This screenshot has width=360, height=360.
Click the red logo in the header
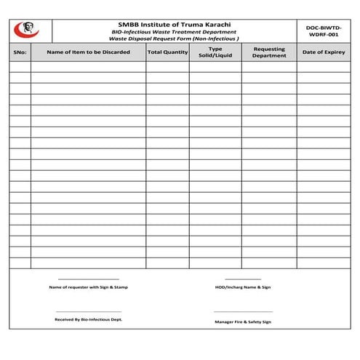pyautogui.click(x=28, y=30)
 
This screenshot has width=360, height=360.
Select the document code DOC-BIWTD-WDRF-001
pyautogui.click(x=324, y=30)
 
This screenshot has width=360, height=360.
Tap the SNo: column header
pyautogui.click(x=20, y=52)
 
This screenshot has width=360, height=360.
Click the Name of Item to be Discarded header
pyautogui.click(x=88, y=52)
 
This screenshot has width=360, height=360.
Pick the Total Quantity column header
pyautogui.click(x=167, y=52)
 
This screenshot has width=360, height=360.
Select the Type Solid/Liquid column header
pyautogui.click(x=215, y=52)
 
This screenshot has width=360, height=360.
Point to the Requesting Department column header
pyautogui.click(x=269, y=52)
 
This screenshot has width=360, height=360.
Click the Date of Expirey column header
pyautogui.click(x=323, y=52)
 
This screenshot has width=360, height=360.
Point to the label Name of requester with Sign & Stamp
pyautogui.click(x=88, y=287)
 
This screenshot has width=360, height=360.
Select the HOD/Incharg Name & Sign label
pyautogui.click(x=243, y=287)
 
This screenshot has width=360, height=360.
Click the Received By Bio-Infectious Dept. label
pyautogui.click(x=88, y=319)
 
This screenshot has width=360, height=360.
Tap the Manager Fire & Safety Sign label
pyautogui.click(x=243, y=321)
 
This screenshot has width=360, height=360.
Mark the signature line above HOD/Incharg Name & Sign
pyautogui.click(x=243, y=279)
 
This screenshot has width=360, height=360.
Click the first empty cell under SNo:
pyautogui.click(x=20, y=66)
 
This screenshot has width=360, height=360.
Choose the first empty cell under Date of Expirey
pyautogui.click(x=323, y=66)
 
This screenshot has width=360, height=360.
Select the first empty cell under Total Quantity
pyautogui.click(x=167, y=66)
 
